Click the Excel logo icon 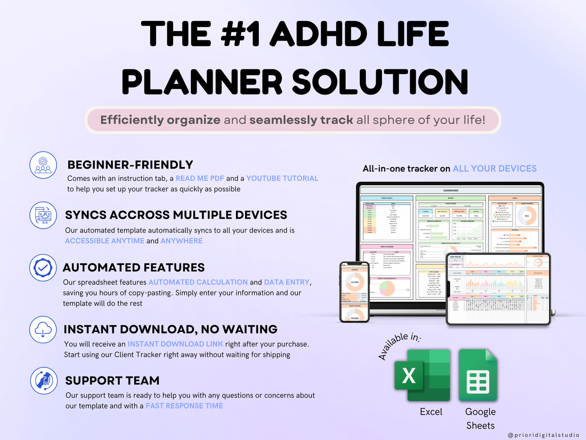tap(421, 375)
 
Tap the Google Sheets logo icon tap(478, 375)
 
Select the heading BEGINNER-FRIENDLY tap(130, 165)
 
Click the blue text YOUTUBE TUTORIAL tap(282, 178)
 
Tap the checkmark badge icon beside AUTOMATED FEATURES tap(42, 268)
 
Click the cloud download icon tap(42, 329)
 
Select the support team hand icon tap(42, 381)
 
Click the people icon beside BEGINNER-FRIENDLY tap(42, 165)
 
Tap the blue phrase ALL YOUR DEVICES tap(494, 169)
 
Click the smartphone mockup tap(355, 292)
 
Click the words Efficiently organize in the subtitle tap(160, 120)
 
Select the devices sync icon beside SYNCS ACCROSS tap(42, 215)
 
